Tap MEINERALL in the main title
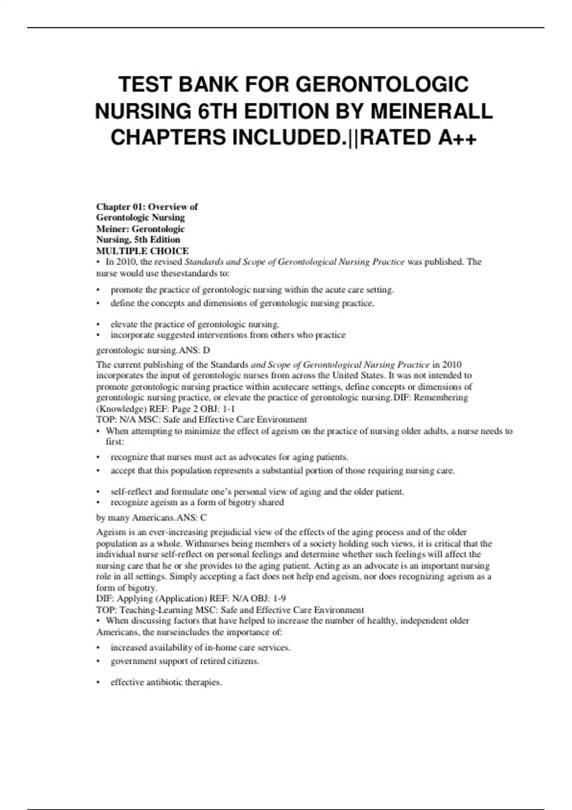pyautogui.click(x=431, y=111)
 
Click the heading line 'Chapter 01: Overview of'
pyautogui.click(x=147, y=207)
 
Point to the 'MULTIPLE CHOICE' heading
pyautogui.click(x=143, y=251)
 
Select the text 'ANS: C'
pyautogui.click(x=191, y=517)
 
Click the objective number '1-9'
pyautogui.click(x=279, y=598)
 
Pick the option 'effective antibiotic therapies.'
pyautogui.click(x=166, y=682)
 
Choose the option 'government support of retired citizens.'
pyautogui.click(x=184, y=661)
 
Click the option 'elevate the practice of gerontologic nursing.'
pyautogui.click(x=194, y=324)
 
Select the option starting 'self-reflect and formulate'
pyautogui.click(x=257, y=492)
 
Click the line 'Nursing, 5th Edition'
pyautogui.click(x=138, y=240)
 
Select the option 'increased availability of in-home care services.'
pyautogui.click(x=200, y=648)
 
